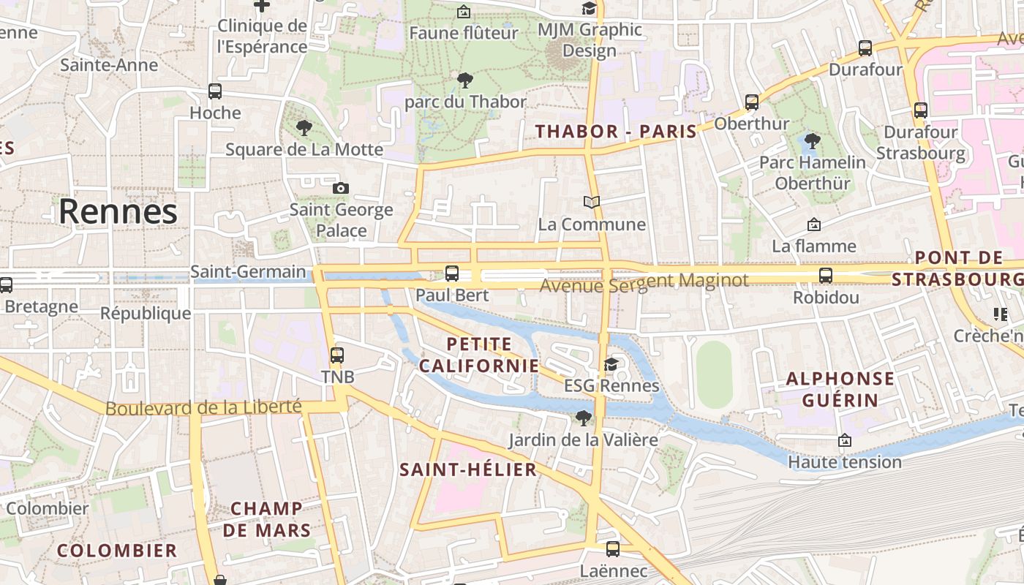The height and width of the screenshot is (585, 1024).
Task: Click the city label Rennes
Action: click(118, 211)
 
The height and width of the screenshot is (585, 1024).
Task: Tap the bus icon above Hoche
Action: click(215, 91)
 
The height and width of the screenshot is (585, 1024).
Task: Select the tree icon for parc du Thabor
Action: click(464, 80)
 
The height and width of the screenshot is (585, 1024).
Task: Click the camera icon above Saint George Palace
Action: click(340, 189)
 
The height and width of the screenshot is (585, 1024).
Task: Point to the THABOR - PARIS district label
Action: click(616, 132)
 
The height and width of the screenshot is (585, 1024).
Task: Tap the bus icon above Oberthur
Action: click(752, 102)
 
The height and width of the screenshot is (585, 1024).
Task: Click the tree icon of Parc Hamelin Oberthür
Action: click(811, 141)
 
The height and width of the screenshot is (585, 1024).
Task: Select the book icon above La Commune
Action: click(592, 202)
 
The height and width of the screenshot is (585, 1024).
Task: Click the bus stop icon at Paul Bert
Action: click(452, 273)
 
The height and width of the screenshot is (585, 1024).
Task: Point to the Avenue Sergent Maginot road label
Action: click(644, 282)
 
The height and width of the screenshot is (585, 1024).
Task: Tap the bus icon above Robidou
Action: click(826, 276)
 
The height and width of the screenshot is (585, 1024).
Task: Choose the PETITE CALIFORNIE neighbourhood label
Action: click(479, 355)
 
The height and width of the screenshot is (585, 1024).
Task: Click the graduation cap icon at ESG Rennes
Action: click(611, 364)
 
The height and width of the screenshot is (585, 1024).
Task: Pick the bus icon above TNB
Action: click(337, 355)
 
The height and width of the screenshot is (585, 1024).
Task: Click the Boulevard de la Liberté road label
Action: click(203, 407)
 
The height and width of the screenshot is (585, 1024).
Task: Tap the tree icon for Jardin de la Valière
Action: click(583, 418)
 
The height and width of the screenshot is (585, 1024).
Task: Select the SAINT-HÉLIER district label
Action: click(468, 469)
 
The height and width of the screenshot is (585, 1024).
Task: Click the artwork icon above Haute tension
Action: click(845, 440)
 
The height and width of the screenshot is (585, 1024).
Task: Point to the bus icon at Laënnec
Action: click(613, 548)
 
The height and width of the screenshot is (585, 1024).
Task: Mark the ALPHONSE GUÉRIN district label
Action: click(840, 389)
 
